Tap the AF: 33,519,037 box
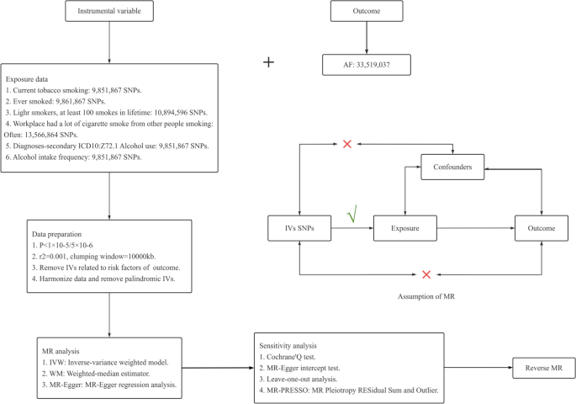(364, 61)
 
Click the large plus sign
(269, 61)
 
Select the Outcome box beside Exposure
(538, 227)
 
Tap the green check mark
(353, 216)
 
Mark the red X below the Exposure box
(426, 274)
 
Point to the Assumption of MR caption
(428, 296)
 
